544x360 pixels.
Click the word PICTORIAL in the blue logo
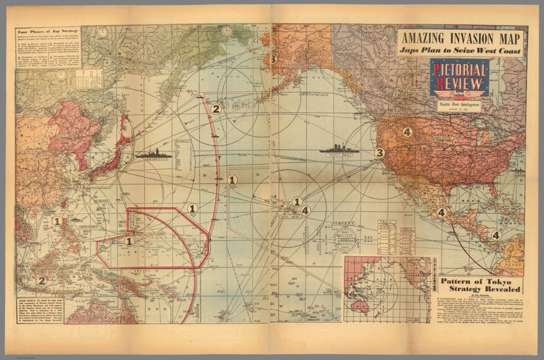click(x=460, y=71)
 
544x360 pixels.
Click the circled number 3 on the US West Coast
click(x=380, y=153)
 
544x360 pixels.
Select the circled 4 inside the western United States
click(x=407, y=132)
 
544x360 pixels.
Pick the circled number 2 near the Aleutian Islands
click(x=216, y=109)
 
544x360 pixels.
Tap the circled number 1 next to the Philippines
click(x=57, y=221)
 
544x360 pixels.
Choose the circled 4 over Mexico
click(x=441, y=213)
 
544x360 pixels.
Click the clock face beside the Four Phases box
click(x=103, y=33)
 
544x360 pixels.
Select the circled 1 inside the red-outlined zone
click(x=129, y=241)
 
